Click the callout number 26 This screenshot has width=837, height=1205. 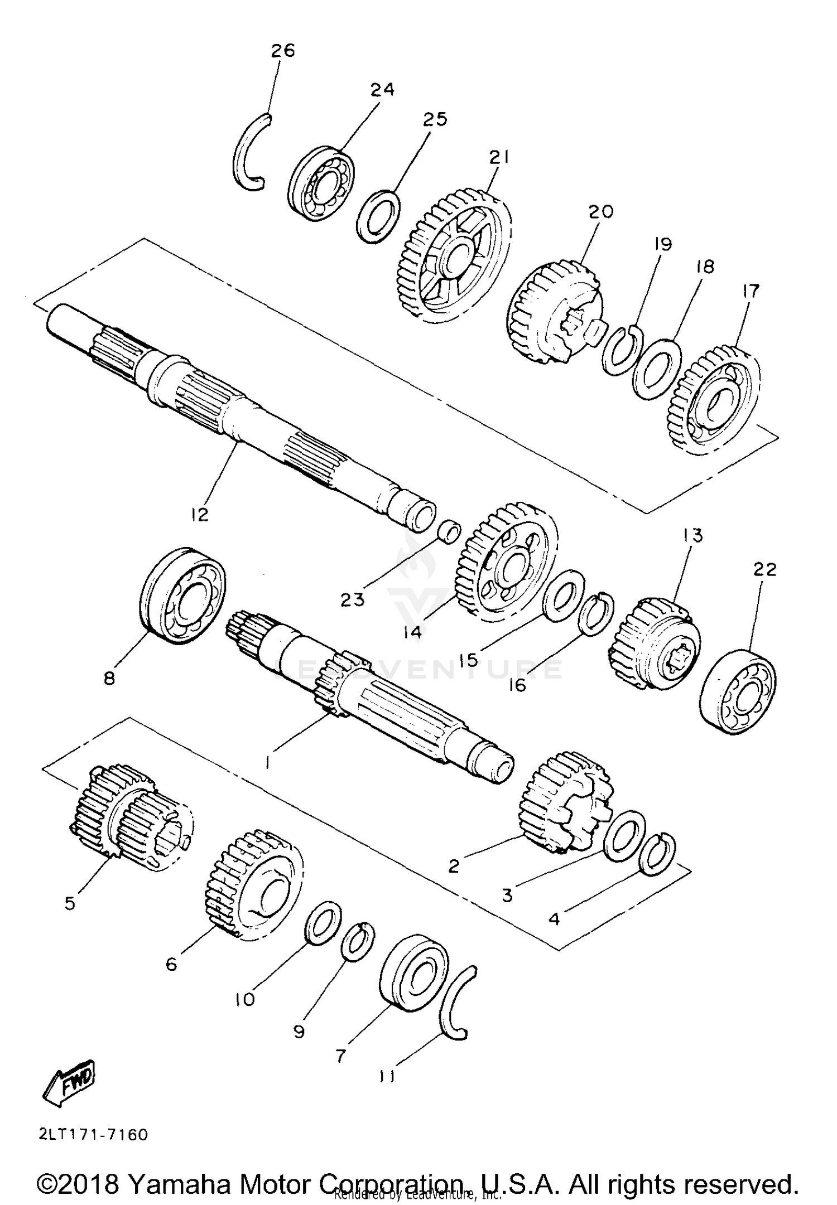(x=282, y=51)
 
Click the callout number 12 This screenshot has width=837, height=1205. (x=199, y=514)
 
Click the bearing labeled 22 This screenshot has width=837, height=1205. (x=738, y=690)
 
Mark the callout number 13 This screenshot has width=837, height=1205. (x=692, y=535)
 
